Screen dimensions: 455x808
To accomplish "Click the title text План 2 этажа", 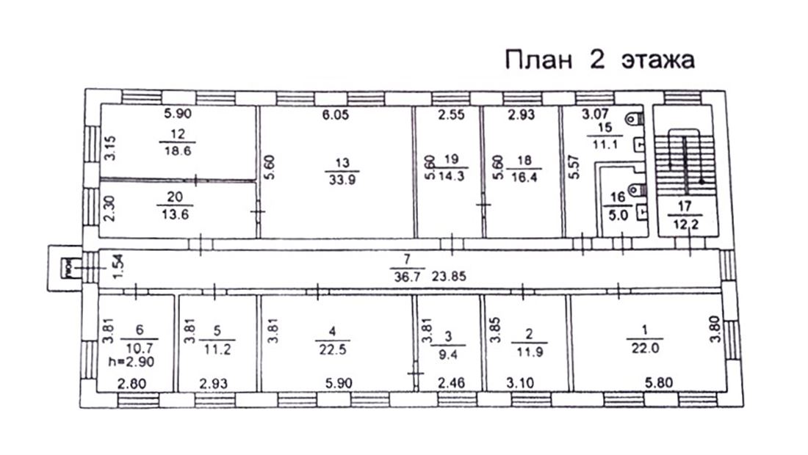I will (x=599, y=60).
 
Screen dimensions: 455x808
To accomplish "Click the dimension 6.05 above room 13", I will (x=334, y=114).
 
